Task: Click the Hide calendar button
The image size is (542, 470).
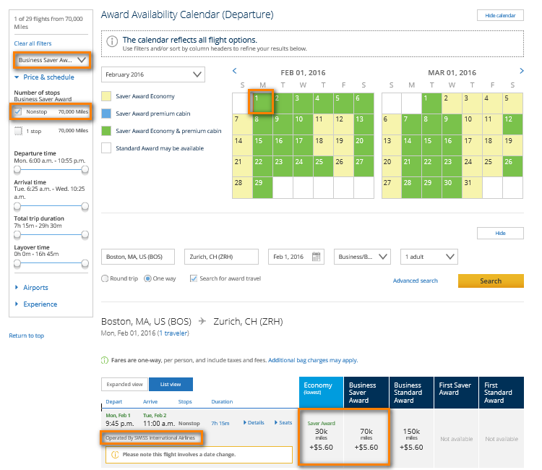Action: click(x=500, y=15)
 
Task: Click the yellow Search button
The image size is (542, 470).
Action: click(x=491, y=281)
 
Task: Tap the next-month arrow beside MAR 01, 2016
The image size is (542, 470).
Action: click(x=522, y=71)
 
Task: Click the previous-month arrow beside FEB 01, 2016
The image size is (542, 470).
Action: click(x=234, y=71)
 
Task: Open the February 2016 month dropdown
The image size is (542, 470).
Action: click(x=153, y=75)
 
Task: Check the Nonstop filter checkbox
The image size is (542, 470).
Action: click(x=18, y=112)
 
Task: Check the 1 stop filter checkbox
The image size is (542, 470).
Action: click(x=18, y=131)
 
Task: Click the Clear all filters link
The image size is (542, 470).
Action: click(x=33, y=44)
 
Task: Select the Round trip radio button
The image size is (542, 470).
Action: click(x=106, y=278)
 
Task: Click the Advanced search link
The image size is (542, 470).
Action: click(x=415, y=281)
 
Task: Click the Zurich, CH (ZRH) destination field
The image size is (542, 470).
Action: click(x=221, y=257)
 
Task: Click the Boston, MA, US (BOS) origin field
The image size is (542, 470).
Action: click(x=139, y=257)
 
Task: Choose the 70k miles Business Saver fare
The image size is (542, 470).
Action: click(x=366, y=437)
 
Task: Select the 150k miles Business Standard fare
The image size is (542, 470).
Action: click(x=411, y=437)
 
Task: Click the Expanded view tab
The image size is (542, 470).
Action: click(x=124, y=385)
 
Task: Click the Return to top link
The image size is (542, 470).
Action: click(x=26, y=336)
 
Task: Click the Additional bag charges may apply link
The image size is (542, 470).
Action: click(x=313, y=360)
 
